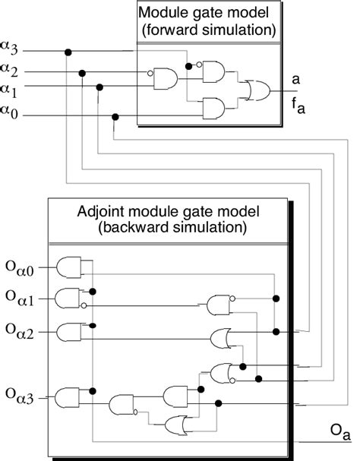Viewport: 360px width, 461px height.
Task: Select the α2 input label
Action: click(x=15, y=70)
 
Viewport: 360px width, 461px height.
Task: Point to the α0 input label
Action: click(x=15, y=111)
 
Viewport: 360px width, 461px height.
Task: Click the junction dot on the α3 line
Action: click(x=69, y=52)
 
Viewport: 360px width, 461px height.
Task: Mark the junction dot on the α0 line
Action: click(x=115, y=116)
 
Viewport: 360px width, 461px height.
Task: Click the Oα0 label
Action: click(x=22, y=267)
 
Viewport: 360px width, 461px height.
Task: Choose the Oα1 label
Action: click(x=22, y=297)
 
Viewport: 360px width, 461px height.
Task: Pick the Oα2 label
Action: click(x=22, y=330)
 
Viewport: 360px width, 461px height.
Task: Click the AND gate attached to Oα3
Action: click(x=69, y=396)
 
